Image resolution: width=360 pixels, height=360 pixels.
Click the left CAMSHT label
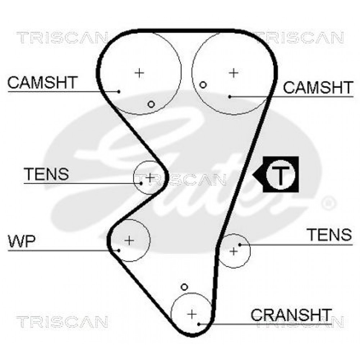[42, 82]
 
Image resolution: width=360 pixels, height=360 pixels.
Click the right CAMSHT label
[318, 87]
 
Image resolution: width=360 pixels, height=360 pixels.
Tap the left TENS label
[46, 174]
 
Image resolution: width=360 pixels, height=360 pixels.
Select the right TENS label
[330, 234]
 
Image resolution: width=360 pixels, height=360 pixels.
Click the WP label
[22, 241]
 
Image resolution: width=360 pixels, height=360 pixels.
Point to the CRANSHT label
[291, 315]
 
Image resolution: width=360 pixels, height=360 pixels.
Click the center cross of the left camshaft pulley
[139, 73]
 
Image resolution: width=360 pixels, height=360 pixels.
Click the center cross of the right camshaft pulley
[234, 73]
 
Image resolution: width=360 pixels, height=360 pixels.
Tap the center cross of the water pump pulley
[129, 240]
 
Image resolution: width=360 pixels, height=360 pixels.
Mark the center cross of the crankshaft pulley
[192, 314]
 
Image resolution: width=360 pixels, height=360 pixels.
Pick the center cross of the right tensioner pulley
[234, 251]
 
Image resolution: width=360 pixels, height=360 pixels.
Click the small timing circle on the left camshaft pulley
[151, 104]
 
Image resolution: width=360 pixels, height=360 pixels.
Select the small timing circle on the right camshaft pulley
[203, 85]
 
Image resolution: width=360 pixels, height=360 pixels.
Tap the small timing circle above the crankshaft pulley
[184, 287]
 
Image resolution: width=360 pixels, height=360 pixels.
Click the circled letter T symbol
[280, 174]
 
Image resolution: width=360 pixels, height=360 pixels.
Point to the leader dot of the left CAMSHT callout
[119, 91]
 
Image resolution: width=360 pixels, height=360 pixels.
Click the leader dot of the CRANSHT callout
[199, 324]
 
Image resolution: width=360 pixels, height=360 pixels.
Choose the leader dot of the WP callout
[119, 250]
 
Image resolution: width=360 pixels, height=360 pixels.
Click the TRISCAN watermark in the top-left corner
[62, 38]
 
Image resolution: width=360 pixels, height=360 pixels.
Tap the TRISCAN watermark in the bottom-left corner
[62, 321]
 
